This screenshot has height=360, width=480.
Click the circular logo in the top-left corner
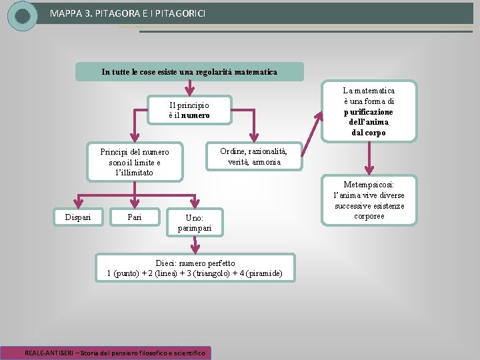tap(23, 15)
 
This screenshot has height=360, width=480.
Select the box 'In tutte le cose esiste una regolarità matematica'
tap(189, 71)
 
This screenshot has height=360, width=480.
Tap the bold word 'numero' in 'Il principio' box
tap(195, 115)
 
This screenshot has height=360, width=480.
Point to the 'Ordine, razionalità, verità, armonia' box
tap(254, 157)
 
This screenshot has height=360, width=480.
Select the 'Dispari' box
tap(78, 217)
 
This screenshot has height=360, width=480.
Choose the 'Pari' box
tap(135, 217)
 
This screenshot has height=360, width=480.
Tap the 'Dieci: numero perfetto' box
tap(195, 268)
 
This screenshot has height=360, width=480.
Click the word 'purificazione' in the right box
tap(369, 111)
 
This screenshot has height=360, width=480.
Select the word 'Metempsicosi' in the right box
tap(368, 184)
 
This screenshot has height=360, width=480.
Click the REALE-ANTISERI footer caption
tap(116, 352)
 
